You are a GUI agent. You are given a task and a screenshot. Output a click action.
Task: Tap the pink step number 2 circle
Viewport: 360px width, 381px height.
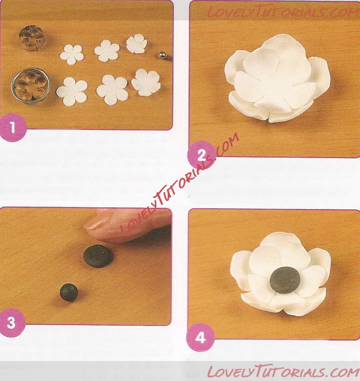point(201,155)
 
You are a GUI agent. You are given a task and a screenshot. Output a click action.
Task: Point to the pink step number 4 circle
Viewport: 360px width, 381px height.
point(201,338)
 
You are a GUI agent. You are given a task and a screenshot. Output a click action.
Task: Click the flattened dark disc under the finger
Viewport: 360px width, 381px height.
point(98,256)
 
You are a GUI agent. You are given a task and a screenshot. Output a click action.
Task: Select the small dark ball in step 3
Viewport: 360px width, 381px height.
point(69,292)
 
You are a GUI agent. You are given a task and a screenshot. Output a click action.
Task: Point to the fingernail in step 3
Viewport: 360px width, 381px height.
point(96,223)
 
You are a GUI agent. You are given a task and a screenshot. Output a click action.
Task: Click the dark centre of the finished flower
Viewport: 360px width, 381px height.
point(285,280)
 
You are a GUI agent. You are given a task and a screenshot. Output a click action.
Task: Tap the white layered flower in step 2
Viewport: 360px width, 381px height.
point(277,78)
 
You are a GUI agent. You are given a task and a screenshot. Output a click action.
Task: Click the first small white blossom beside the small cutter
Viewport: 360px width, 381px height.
point(72,54)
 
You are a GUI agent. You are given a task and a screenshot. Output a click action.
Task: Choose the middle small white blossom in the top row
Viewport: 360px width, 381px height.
point(107,51)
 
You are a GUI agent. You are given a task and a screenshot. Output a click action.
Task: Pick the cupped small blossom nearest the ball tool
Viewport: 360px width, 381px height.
point(137,44)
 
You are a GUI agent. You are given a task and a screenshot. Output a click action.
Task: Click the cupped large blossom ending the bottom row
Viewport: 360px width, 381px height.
point(146,82)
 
